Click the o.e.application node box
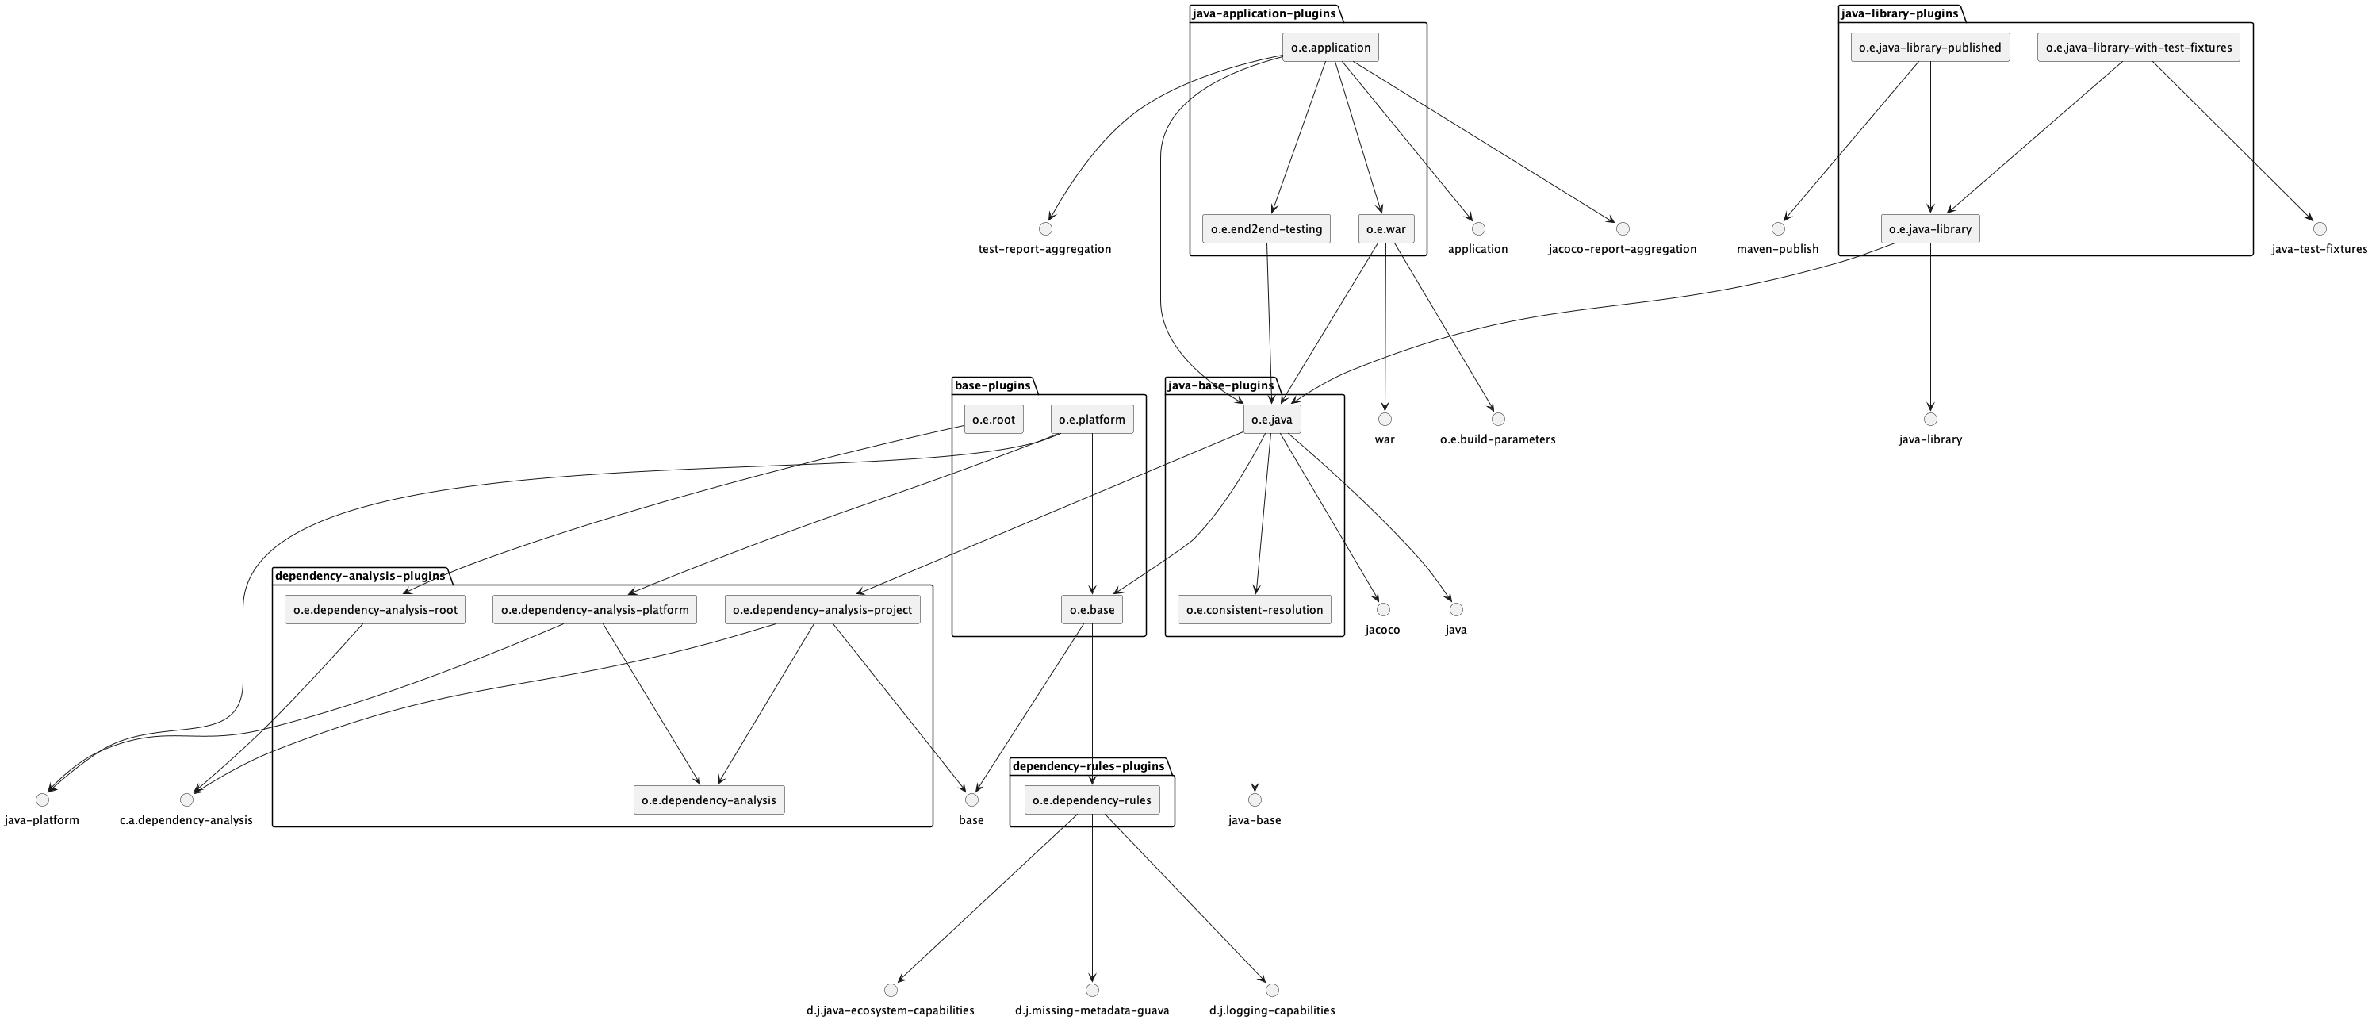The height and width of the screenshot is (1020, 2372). (1330, 48)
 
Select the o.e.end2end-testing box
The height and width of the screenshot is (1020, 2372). (1266, 229)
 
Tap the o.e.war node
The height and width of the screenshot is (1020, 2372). (1385, 229)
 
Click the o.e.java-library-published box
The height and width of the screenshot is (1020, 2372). (1930, 48)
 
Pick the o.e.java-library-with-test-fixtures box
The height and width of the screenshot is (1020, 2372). (2138, 48)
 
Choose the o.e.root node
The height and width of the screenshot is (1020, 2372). (994, 420)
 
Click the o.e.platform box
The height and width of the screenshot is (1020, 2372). (1092, 420)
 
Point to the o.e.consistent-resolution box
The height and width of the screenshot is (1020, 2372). (1254, 609)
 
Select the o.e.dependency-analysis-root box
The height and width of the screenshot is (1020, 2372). (375, 609)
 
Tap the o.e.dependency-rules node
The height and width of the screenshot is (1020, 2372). (1091, 800)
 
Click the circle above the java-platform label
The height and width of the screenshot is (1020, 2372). (42, 800)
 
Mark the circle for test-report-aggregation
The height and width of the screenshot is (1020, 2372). (1045, 228)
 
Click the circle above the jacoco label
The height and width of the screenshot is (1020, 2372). (1383, 609)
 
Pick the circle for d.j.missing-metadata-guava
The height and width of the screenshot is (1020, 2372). (1092, 991)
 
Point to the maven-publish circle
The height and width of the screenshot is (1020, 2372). (1778, 228)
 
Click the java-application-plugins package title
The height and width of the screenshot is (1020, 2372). (1263, 13)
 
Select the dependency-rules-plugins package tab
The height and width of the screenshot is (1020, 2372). (1088, 766)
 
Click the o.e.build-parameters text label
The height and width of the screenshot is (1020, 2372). (1498, 440)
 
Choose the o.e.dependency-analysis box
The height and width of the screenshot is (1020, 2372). (709, 800)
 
